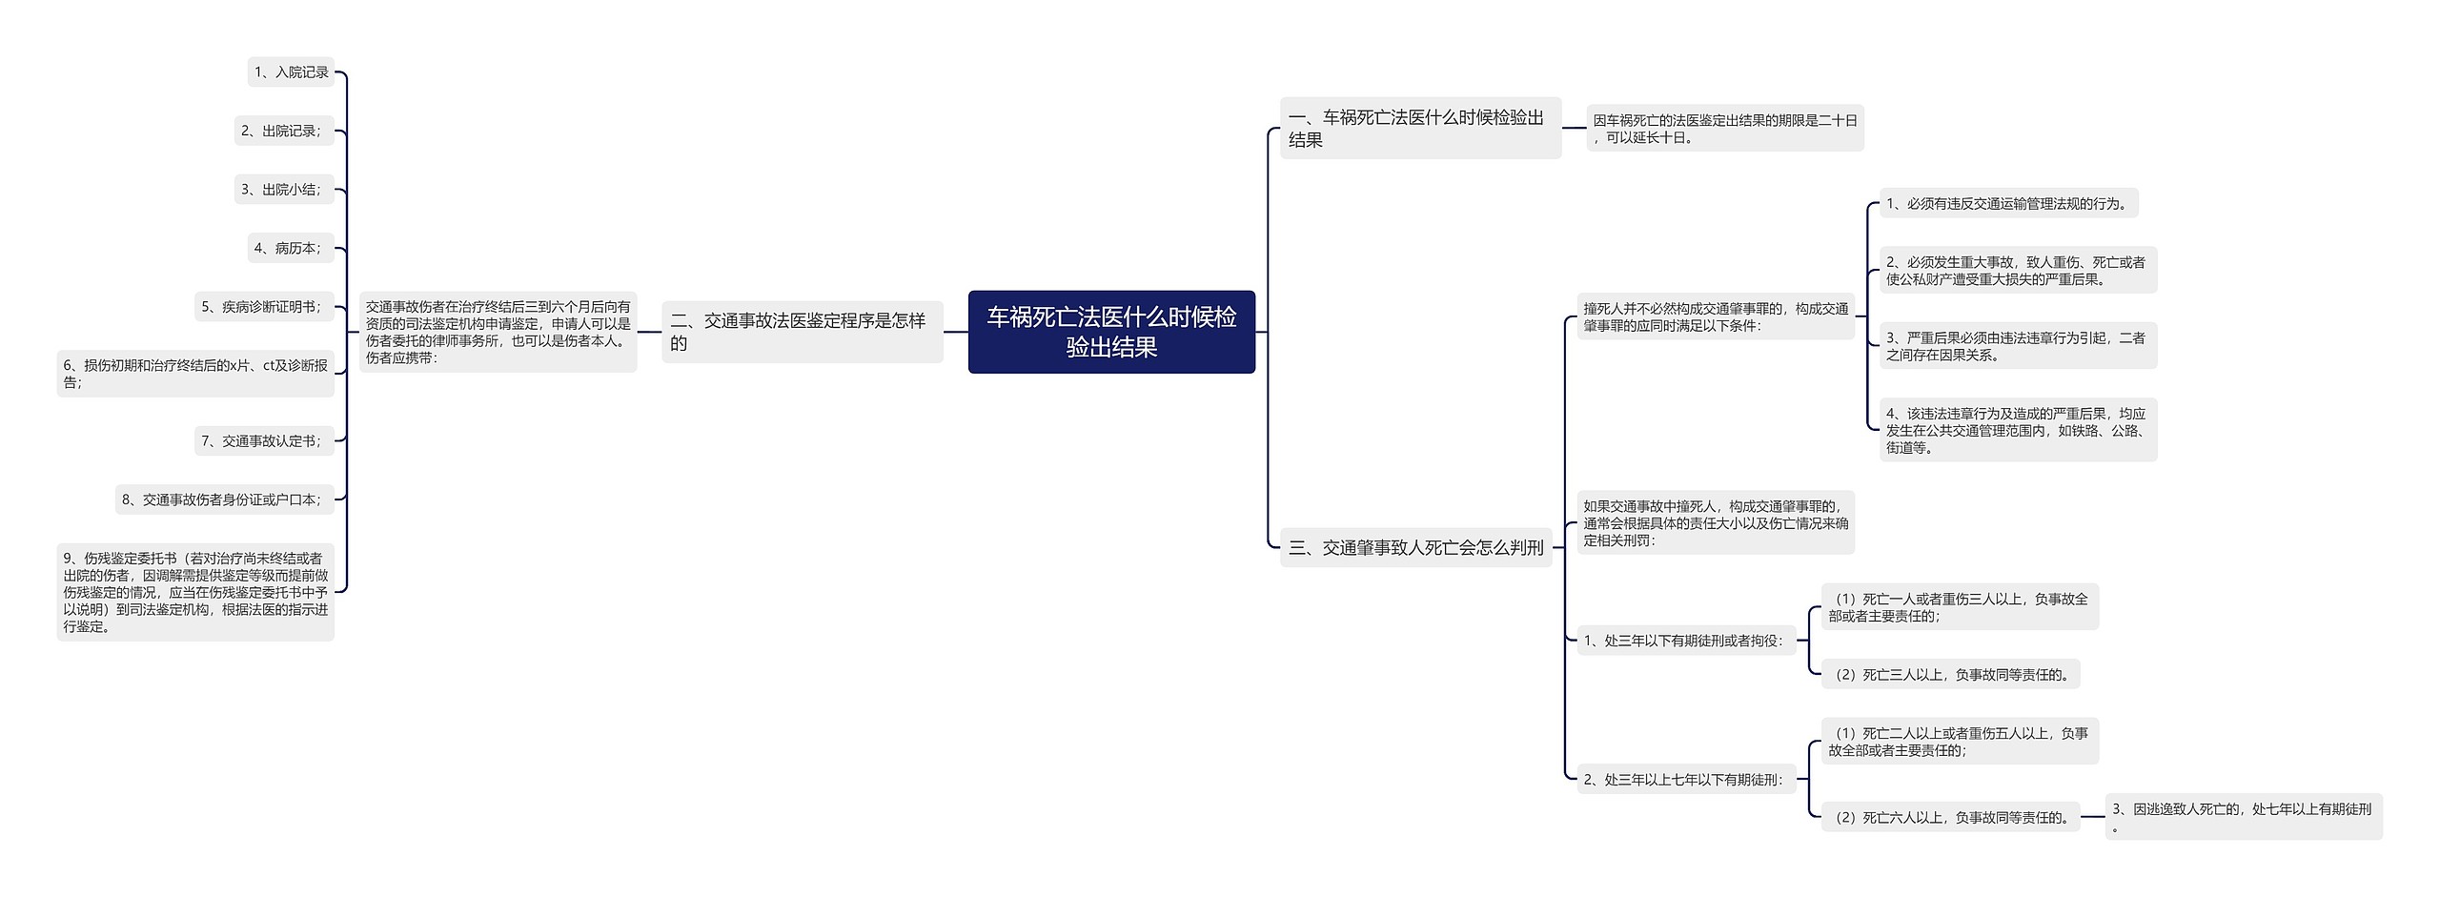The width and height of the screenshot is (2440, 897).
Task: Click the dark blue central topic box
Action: click(x=1111, y=332)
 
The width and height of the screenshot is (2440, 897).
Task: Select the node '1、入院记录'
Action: click(x=291, y=72)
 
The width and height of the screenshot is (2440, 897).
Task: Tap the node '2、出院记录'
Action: click(x=284, y=131)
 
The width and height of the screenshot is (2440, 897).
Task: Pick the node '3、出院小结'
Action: click(x=284, y=190)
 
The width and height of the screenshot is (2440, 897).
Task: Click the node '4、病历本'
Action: click(x=291, y=248)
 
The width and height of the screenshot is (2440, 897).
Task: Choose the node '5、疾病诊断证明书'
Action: click(x=264, y=307)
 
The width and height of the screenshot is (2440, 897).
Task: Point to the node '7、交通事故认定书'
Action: click(x=264, y=441)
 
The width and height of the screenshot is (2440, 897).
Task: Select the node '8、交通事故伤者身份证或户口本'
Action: click(x=225, y=499)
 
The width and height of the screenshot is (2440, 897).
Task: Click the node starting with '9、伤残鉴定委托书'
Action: click(x=195, y=592)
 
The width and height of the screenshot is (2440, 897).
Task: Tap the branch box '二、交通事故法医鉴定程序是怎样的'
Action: click(x=802, y=332)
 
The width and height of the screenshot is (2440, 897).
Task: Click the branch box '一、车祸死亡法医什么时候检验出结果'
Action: click(x=1419, y=129)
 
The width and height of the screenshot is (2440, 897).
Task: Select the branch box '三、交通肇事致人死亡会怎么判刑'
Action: click(x=1415, y=548)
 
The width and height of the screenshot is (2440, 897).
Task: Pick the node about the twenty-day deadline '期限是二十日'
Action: click(x=1725, y=129)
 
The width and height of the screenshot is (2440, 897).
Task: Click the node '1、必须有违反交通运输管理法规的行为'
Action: click(x=2008, y=204)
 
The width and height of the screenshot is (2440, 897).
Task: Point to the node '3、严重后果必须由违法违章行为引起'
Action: click(x=2017, y=346)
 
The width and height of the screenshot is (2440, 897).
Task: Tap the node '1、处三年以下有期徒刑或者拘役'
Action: click(x=1685, y=641)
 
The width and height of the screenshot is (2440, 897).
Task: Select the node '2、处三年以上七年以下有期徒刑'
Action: click(x=1685, y=780)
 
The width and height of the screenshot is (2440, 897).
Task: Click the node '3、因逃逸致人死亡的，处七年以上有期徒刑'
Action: click(x=2243, y=817)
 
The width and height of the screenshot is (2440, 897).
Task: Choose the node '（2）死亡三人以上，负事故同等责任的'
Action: click(x=1950, y=675)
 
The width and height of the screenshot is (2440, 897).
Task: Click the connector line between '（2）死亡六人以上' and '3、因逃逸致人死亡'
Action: click(x=2093, y=817)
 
